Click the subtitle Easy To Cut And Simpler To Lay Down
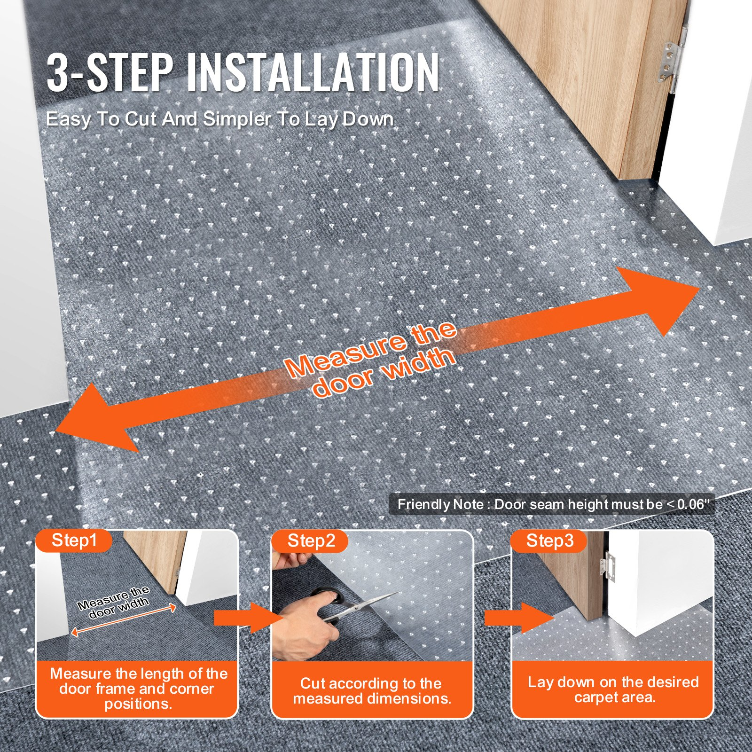pyautogui.click(x=219, y=119)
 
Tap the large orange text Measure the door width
pyautogui.click(x=371, y=359)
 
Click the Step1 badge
pyautogui.click(x=74, y=540)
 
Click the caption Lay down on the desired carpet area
pyautogui.click(x=613, y=689)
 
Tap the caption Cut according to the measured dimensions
pyautogui.click(x=372, y=690)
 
